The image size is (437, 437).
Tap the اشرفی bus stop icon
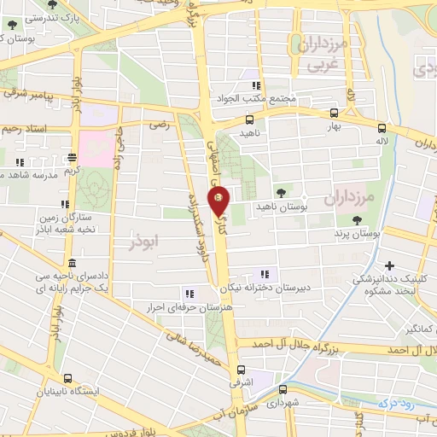click(x=242, y=370)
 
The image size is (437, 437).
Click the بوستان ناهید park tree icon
click(x=282, y=192)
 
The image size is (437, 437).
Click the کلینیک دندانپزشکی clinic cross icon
click(x=390, y=265)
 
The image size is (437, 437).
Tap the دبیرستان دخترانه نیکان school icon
click(x=265, y=274)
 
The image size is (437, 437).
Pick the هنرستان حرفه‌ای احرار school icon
click(x=189, y=293)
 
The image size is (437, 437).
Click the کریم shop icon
click(x=73, y=156)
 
